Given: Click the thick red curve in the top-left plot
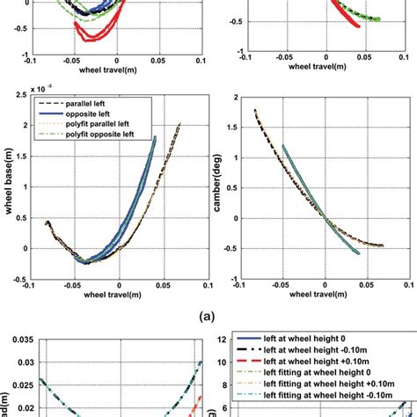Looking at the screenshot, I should (91, 33).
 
